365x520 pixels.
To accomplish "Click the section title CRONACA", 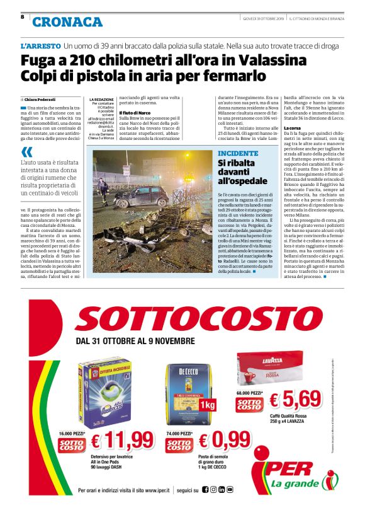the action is coord(67,22).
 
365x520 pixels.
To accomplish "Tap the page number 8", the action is coord(23,17).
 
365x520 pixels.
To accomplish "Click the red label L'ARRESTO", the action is coord(40,47).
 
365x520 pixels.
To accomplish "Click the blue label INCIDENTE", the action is coord(239,154).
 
